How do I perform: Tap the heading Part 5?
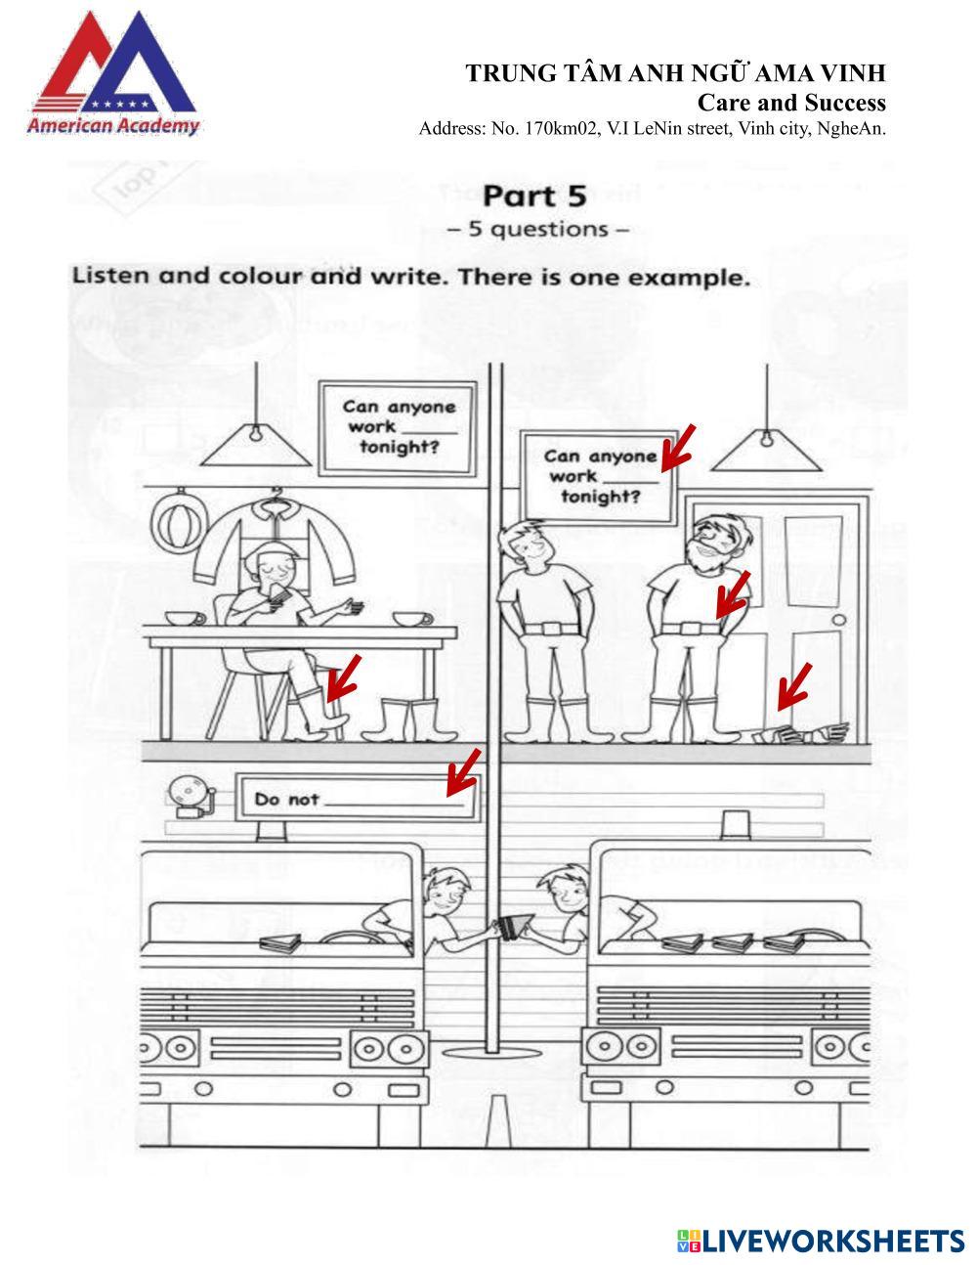coord(534,196)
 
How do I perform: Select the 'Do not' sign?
coord(358,798)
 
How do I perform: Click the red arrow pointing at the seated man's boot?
coord(343,678)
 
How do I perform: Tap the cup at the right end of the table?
coord(413,619)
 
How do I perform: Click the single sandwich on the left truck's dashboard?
coord(281,941)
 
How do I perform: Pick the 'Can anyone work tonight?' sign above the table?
coord(399,425)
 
